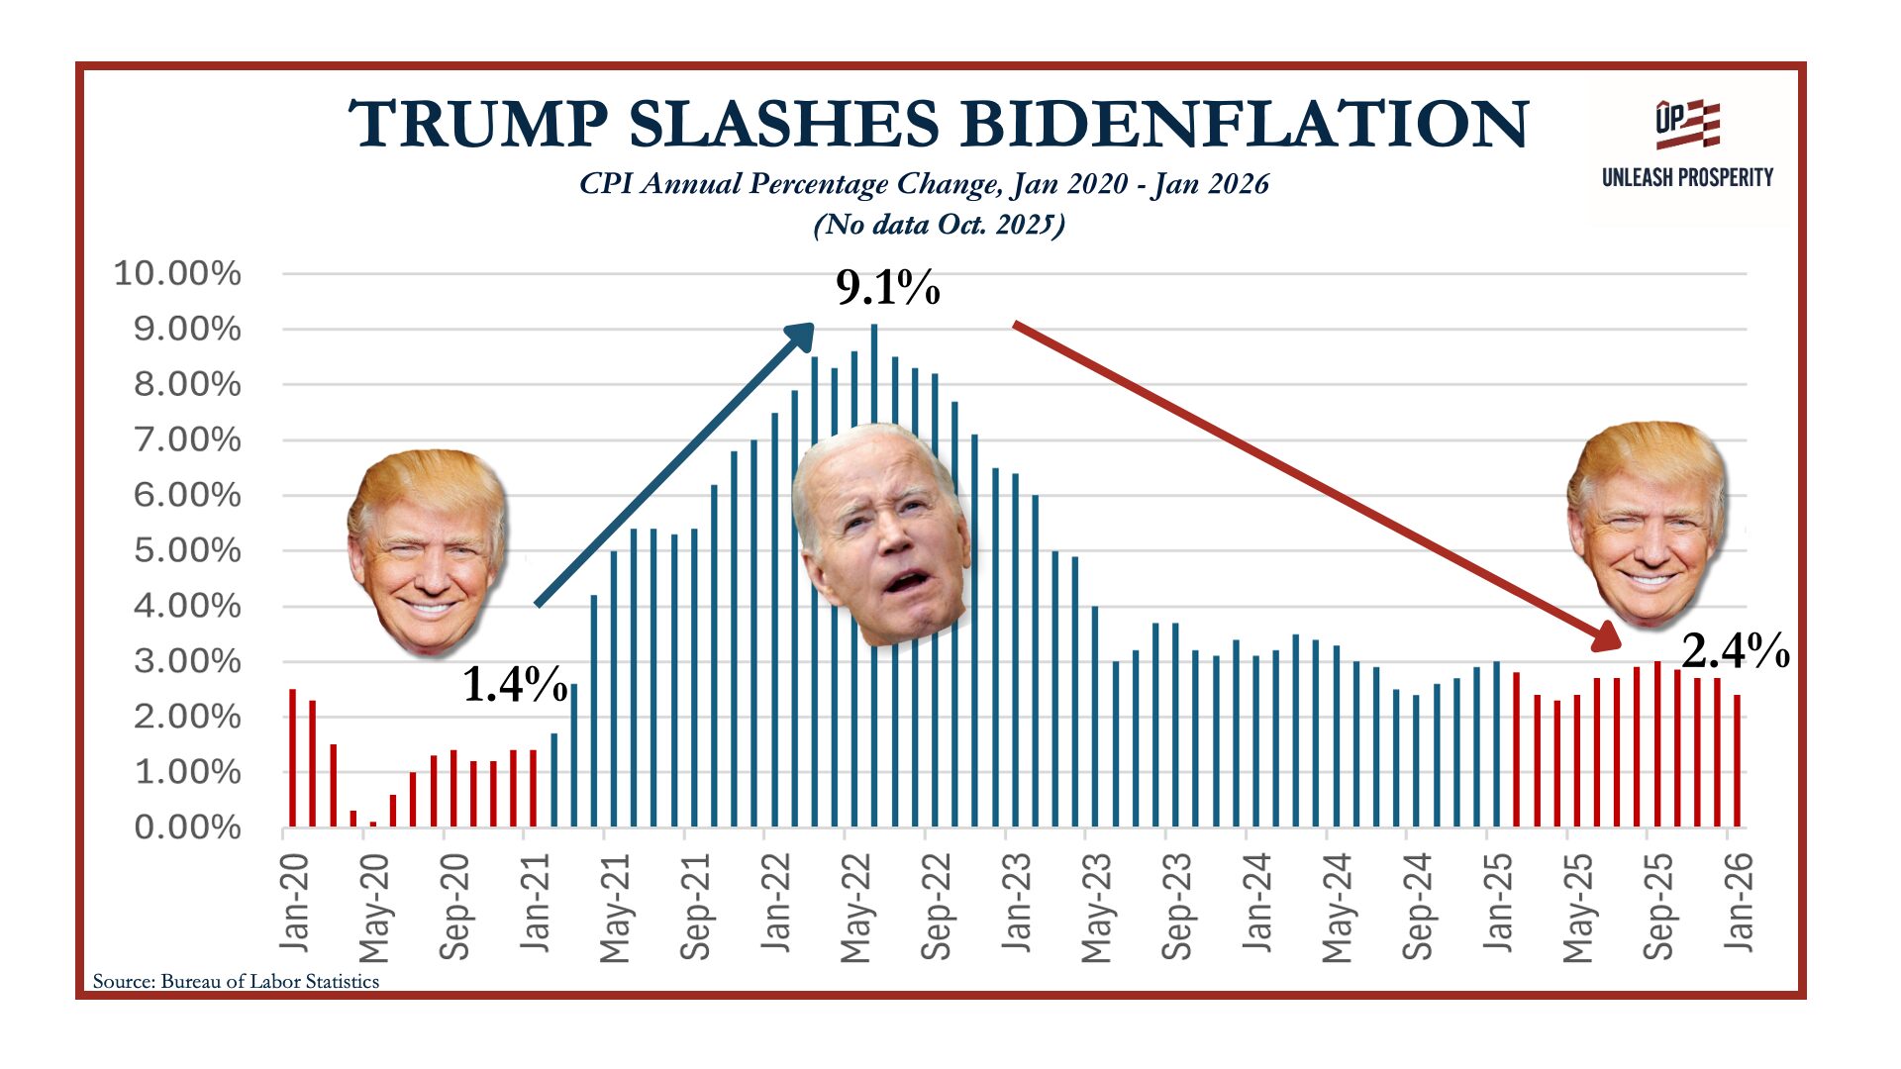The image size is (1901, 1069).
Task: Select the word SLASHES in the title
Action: tap(784, 125)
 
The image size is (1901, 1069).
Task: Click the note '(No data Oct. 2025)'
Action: tap(939, 225)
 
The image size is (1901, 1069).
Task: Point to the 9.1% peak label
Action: tap(887, 288)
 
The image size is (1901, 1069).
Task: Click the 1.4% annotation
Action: tap(515, 683)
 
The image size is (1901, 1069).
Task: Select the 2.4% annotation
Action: tap(1735, 651)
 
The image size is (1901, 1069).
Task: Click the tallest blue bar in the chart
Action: tap(873, 574)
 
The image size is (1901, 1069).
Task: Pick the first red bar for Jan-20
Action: tap(292, 758)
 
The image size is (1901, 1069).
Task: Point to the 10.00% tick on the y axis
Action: tap(177, 273)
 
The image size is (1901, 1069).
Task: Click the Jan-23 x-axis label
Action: tap(1017, 903)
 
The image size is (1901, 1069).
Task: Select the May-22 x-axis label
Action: tap(855, 907)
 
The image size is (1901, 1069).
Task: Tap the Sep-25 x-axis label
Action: tap(1658, 907)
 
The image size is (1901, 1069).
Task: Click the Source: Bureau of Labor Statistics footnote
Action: tap(236, 981)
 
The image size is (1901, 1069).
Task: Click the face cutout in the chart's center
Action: tap(881, 534)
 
